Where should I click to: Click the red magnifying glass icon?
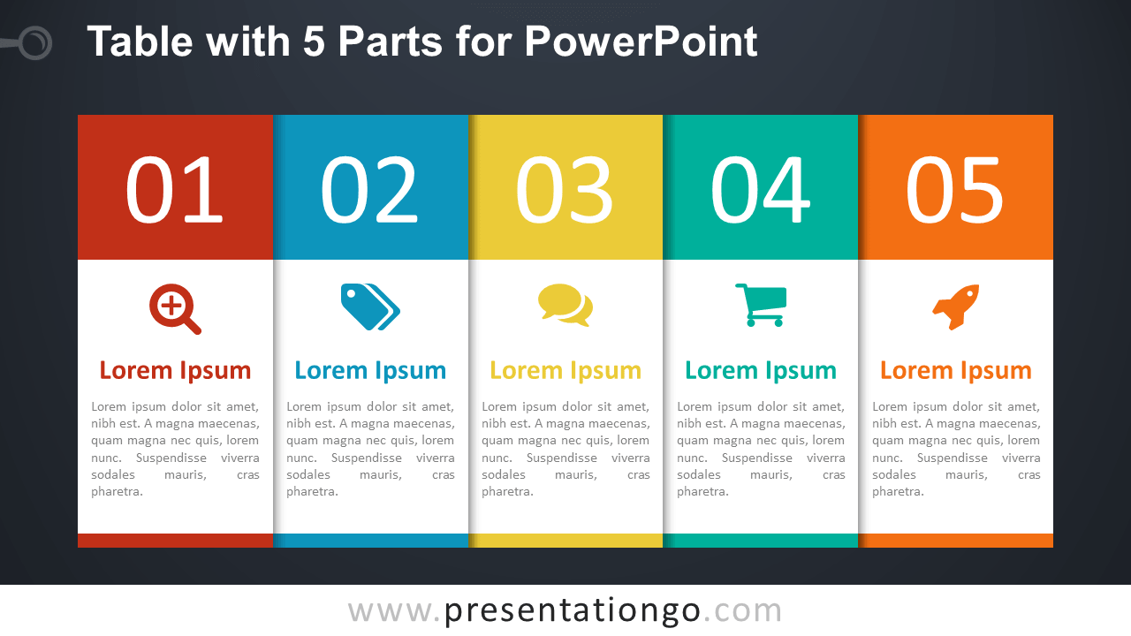tap(174, 309)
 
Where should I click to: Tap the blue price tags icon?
tap(370, 307)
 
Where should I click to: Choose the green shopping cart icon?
tap(761, 305)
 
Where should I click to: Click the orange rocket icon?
tap(955, 307)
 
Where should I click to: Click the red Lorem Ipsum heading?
tap(175, 371)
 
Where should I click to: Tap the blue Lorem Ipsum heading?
tap(370, 371)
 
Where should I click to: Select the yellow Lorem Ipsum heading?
tap(565, 371)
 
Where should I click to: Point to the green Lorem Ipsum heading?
tap(761, 371)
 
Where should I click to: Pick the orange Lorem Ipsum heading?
tap(955, 371)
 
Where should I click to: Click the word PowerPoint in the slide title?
tap(641, 42)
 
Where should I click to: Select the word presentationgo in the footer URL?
tap(572, 610)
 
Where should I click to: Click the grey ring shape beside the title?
tap(35, 42)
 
